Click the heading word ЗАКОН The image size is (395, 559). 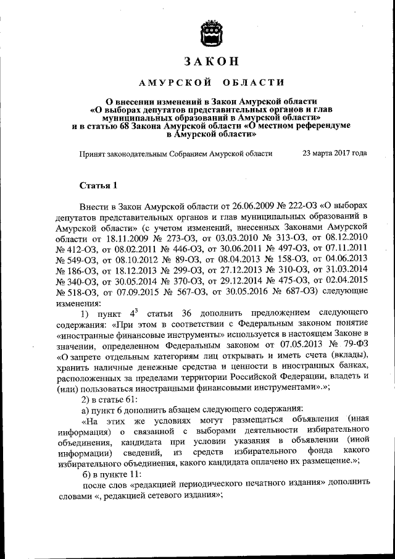click(210, 61)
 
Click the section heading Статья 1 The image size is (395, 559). click(98, 185)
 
